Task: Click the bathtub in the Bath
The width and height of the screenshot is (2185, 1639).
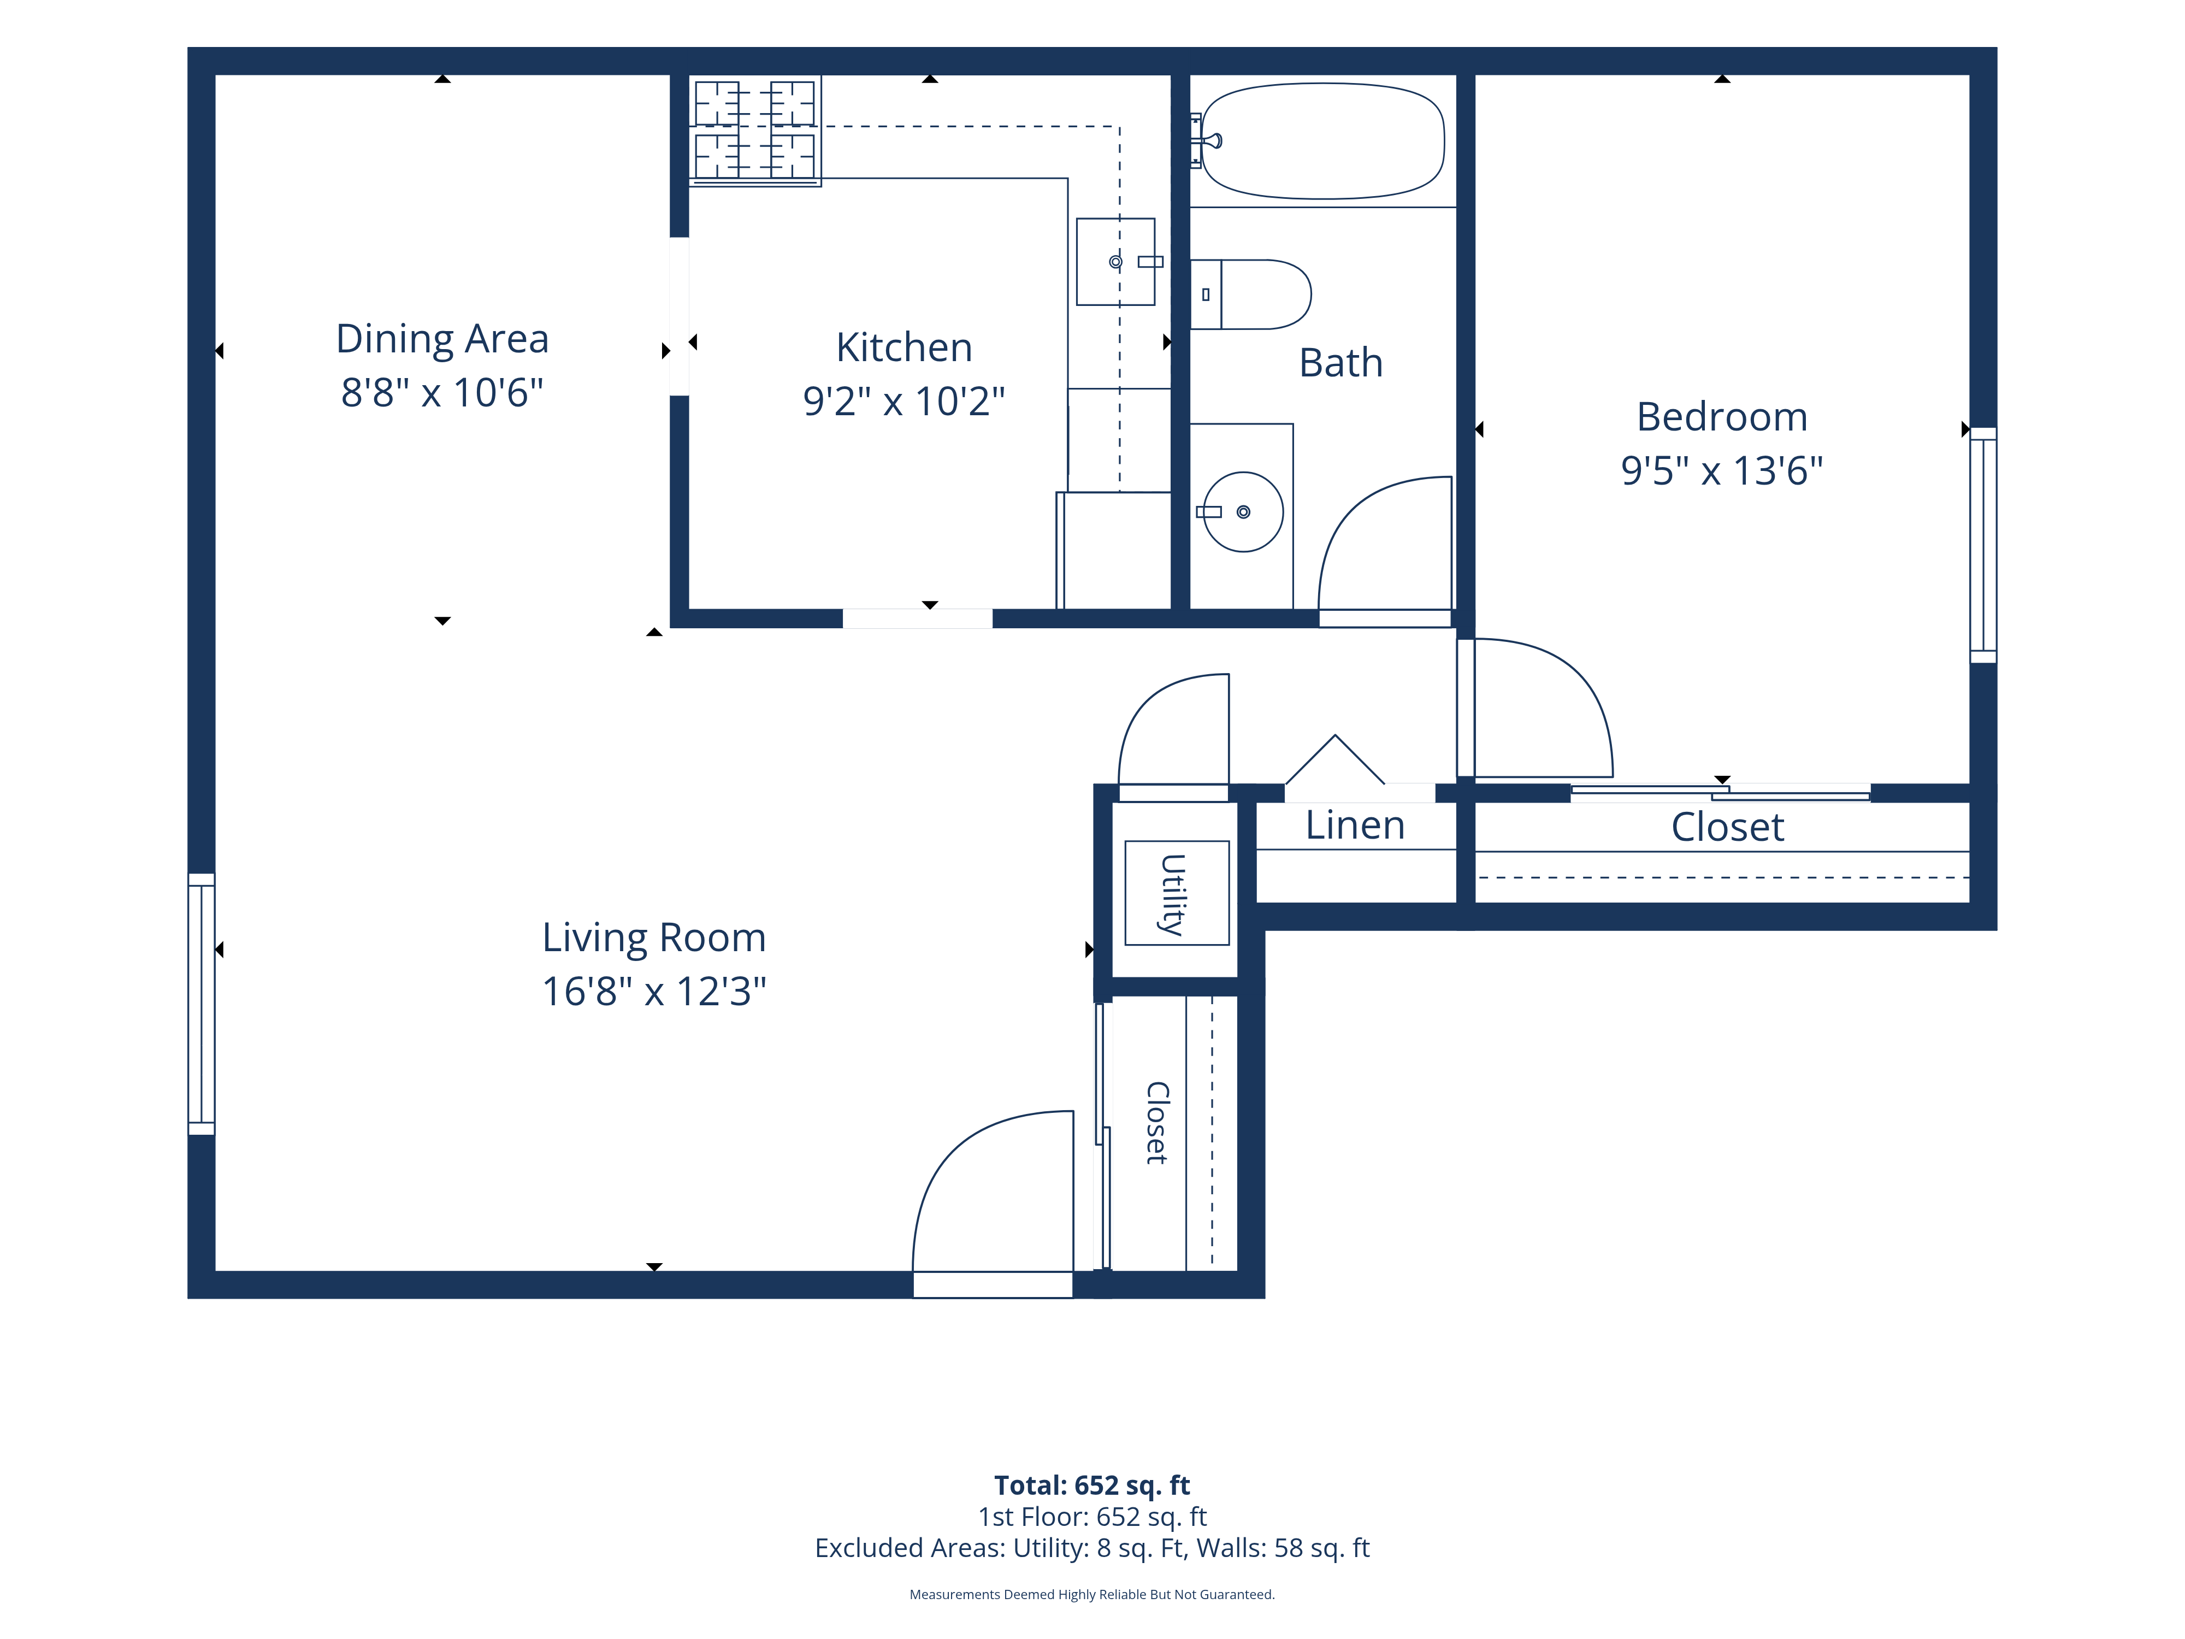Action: (x=1322, y=140)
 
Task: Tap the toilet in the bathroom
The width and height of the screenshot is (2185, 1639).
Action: (x=1250, y=294)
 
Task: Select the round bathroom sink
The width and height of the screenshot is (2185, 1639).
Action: (x=1243, y=512)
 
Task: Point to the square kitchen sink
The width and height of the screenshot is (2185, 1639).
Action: (x=1116, y=262)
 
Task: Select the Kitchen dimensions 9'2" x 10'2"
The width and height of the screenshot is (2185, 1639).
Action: (x=904, y=401)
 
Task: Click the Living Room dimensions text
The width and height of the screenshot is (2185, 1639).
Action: (x=654, y=991)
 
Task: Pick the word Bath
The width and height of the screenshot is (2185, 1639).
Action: (x=1340, y=363)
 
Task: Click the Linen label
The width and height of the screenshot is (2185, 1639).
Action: (x=1355, y=825)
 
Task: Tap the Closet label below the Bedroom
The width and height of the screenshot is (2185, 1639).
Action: (x=1728, y=827)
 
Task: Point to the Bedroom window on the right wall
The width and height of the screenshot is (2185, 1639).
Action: (x=1983, y=545)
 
